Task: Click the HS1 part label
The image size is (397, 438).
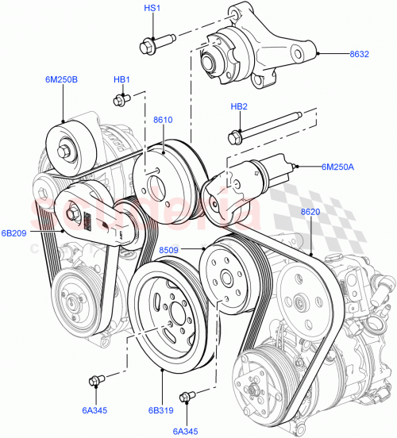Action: tap(152, 8)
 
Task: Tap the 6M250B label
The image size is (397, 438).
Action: tap(62, 79)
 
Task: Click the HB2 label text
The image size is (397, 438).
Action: tap(239, 107)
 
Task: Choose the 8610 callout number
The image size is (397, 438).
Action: tap(164, 120)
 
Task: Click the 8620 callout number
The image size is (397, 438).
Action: tap(310, 212)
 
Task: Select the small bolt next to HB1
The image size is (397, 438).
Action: tap(121, 99)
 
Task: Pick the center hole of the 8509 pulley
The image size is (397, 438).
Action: tap(225, 278)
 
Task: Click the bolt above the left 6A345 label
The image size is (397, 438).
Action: tap(95, 379)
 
